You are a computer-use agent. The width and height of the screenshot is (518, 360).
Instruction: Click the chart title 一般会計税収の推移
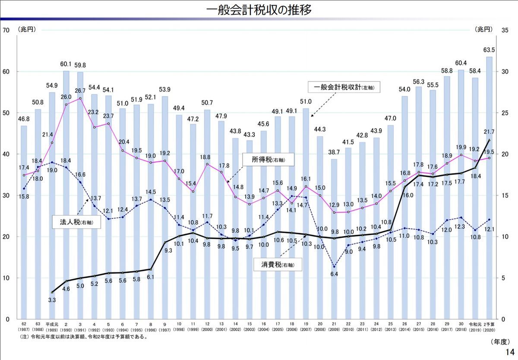click(x=259, y=10)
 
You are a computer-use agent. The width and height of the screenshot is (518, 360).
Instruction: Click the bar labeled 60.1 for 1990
click(x=66, y=195)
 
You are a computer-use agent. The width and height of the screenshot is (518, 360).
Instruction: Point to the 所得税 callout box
click(x=268, y=160)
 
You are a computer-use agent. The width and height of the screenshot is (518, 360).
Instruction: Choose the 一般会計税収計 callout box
click(x=341, y=87)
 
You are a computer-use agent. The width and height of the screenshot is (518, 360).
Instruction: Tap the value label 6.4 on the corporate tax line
click(x=334, y=274)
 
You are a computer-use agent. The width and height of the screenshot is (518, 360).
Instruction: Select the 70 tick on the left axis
click(x=6, y=30)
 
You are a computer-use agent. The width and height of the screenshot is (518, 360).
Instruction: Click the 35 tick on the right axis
click(x=505, y=30)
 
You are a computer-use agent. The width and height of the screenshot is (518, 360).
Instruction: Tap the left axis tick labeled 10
click(x=6, y=278)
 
